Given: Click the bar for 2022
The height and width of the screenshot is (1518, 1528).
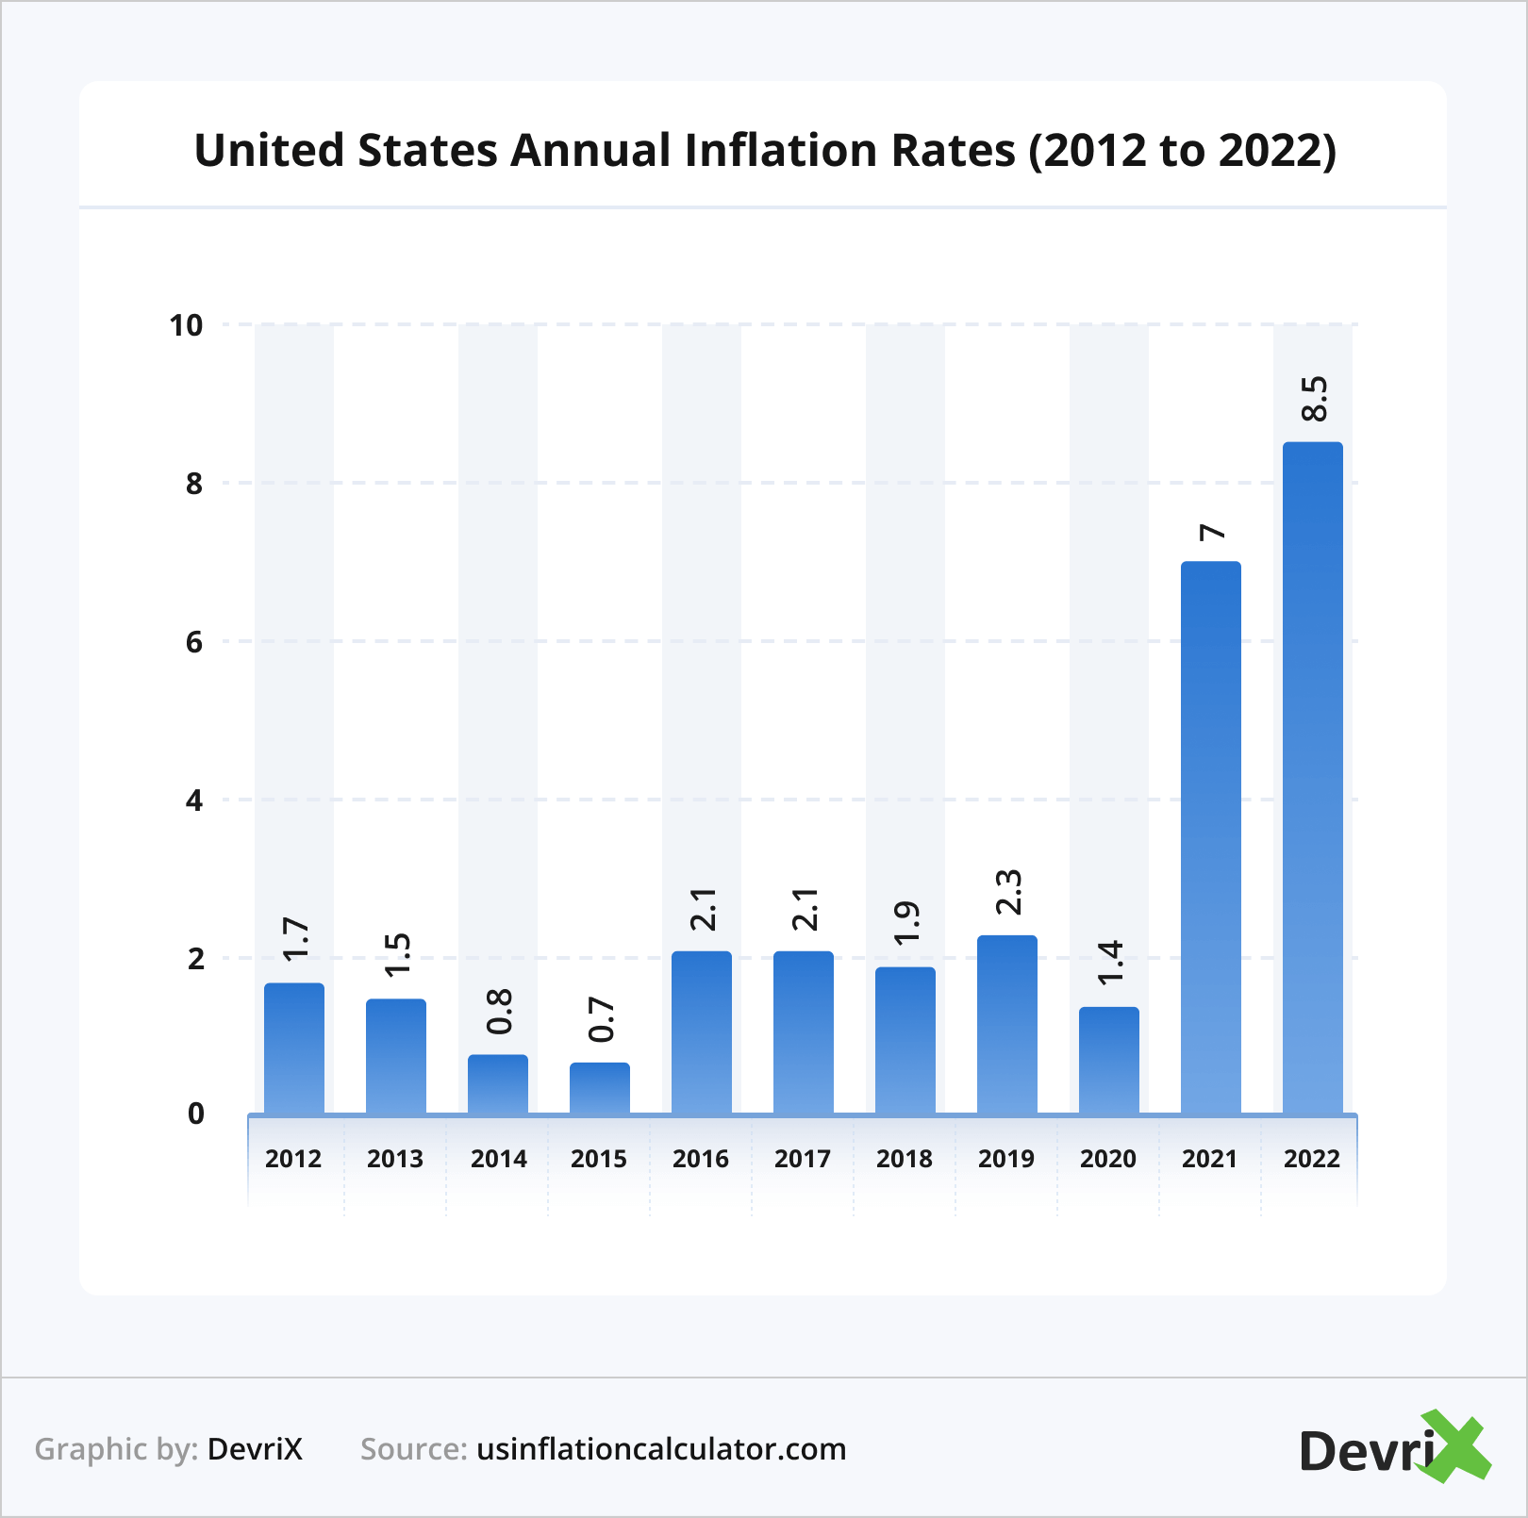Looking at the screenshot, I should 1312,778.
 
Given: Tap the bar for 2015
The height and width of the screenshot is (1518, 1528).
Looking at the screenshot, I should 599,1088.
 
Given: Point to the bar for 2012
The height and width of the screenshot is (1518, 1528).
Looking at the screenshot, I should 293,1048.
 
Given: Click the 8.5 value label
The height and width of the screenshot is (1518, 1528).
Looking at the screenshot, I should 1313,399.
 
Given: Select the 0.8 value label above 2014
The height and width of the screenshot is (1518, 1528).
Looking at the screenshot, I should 499,1012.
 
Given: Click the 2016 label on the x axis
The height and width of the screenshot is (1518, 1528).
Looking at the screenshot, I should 701,1159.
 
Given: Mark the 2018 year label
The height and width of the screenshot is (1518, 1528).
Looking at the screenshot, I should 905,1159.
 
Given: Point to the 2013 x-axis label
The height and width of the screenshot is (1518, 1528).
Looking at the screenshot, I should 395,1159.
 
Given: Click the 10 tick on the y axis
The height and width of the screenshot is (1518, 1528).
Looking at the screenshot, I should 186,325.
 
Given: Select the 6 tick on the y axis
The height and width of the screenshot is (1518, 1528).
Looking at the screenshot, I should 194,642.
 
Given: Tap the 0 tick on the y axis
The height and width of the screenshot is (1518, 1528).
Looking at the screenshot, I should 195,1114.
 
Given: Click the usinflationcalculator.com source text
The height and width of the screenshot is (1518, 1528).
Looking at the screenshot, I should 661,1449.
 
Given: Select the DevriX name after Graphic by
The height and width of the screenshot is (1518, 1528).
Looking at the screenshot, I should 255,1449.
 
